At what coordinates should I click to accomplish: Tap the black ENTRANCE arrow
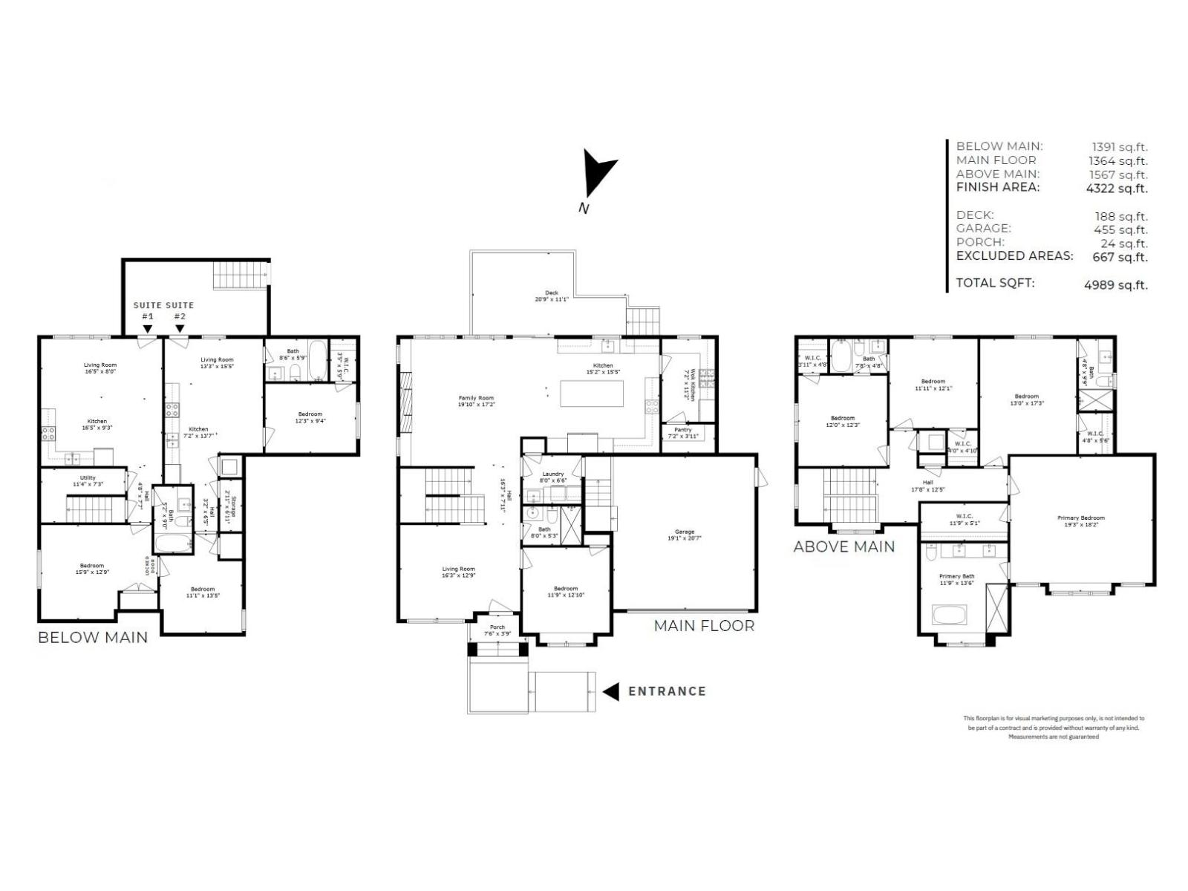point(611,691)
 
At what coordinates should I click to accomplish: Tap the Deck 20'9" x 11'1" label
point(551,296)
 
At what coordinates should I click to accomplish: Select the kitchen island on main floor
point(592,394)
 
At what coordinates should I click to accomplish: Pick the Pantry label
point(682,433)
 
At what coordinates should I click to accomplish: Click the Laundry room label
point(552,477)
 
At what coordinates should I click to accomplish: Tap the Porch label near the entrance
point(497,630)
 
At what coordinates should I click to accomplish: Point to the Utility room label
point(88,480)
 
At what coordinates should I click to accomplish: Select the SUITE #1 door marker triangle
point(148,329)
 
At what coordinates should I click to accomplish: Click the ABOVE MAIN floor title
point(843,547)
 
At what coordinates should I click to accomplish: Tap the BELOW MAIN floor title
point(93,637)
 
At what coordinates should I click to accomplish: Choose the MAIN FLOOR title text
point(703,626)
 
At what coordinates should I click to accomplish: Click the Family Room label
point(476,401)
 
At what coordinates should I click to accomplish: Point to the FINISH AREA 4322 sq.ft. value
point(1116,189)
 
